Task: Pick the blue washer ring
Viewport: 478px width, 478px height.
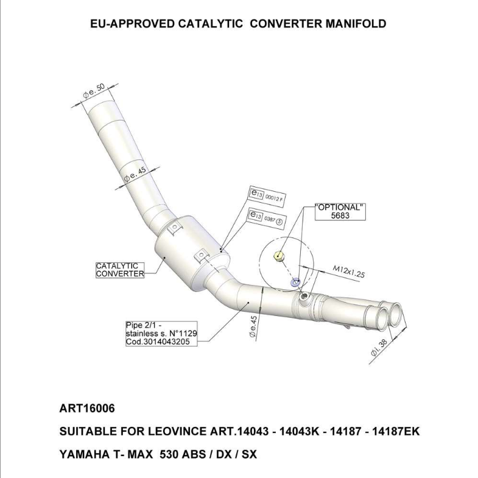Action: [x=295, y=282]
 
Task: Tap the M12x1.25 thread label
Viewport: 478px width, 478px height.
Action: [x=349, y=271]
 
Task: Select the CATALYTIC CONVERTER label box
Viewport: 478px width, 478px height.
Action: [x=120, y=270]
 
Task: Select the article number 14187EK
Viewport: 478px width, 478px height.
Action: [x=388, y=432]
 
